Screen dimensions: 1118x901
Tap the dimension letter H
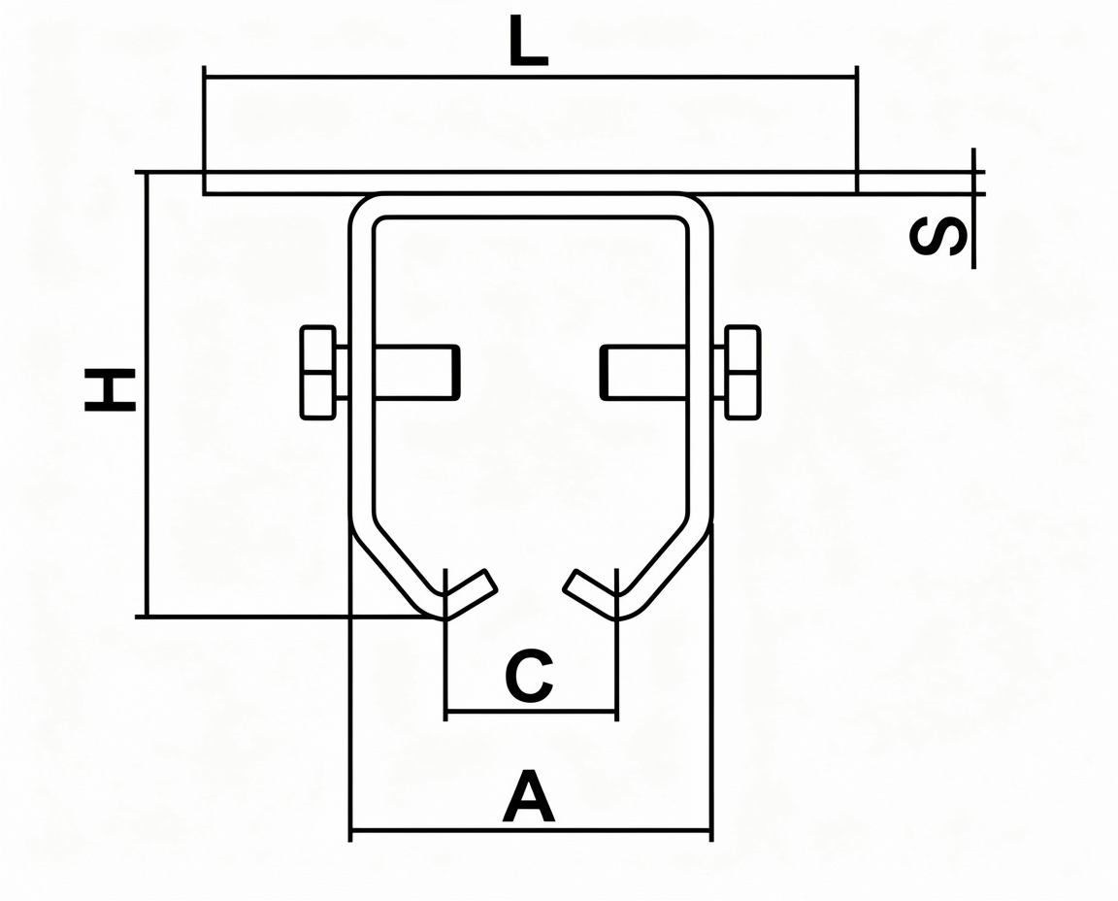click(x=110, y=390)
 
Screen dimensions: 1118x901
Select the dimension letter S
click(x=937, y=238)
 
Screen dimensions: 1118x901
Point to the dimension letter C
click(x=528, y=675)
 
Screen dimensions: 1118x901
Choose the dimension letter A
click(x=528, y=795)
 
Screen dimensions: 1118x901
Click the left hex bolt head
click(x=318, y=373)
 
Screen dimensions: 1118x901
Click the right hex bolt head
click(x=742, y=372)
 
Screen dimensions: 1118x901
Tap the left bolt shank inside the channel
click(x=416, y=372)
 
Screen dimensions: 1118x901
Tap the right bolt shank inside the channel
click(x=643, y=372)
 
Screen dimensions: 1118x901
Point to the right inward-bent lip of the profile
click(x=590, y=593)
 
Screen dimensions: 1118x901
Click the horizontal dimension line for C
click(x=531, y=711)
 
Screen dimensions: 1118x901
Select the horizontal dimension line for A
click(x=531, y=830)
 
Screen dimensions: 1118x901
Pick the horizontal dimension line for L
click(x=531, y=76)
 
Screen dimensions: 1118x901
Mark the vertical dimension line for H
click(x=147, y=394)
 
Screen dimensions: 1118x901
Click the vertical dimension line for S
click(x=973, y=209)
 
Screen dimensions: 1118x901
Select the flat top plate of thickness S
click(x=531, y=183)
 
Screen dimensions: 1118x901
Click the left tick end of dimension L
click(x=205, y=76)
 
